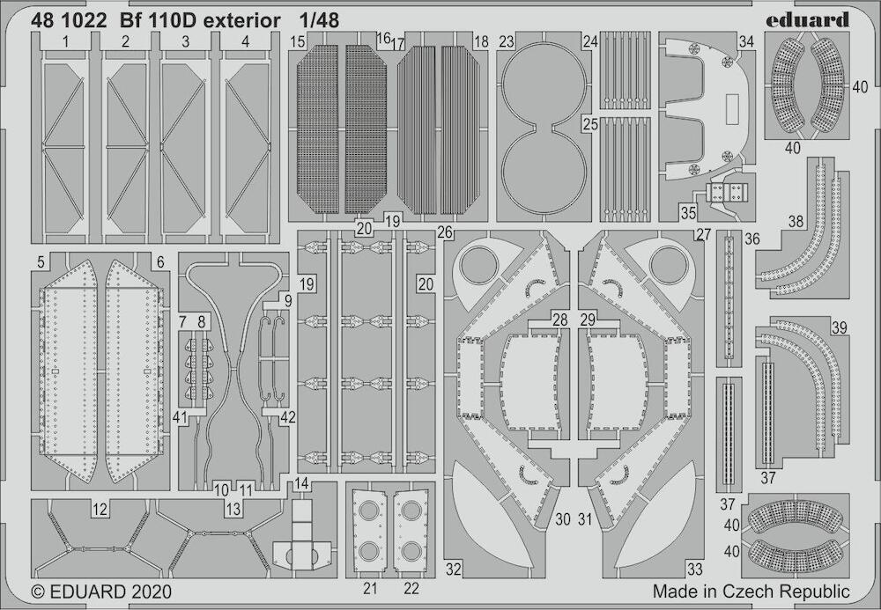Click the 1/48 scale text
(x=319, y=21)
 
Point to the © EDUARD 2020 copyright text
(x=101, y=592)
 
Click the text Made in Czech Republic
(x=751, y=592)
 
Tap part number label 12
(x=100, y=510)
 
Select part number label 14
(x=301, y=484)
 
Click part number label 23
(x=507, y=42)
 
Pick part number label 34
(x=746, y=42)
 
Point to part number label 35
(x=688, y=213)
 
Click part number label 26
(x=445, y=232)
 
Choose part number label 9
(x=288, y=301)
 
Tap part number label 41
(x=180, y=417)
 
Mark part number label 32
(x=454, y=569)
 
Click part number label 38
(x=796, y=222)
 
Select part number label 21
(x=370, y=588)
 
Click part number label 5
(x=41, y=262)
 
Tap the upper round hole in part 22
(x=411, y=511)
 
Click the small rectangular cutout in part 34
(x=731, y=109)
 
